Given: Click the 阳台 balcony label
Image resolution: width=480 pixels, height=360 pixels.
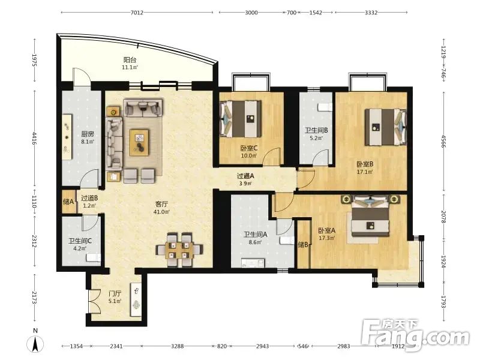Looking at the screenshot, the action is [x=130, y=59].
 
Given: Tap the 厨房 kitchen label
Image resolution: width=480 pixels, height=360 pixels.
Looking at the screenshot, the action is [x=87, y=134].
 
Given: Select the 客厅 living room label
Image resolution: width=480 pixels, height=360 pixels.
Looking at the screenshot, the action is [x=161, y=204].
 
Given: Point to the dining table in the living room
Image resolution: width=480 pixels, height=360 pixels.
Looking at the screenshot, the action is [x=179, y=250].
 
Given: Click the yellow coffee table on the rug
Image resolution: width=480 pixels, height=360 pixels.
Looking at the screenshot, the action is [x=139, y=143].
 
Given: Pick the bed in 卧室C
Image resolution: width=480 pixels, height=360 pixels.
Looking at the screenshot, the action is [x=241, y=119].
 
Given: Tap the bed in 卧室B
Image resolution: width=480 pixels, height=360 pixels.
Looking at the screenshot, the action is [x=386, y=127].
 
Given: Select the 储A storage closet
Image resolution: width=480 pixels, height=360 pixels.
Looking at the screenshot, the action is [x=69, y=202].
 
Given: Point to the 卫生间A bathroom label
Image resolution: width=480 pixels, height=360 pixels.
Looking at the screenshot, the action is [x=256, y=235].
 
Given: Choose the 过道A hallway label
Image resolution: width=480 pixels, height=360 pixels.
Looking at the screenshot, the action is [x=245, y=176].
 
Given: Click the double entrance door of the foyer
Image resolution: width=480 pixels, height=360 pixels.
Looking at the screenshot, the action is [x=94, y=301].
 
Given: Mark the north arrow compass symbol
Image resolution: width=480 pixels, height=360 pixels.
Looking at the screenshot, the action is [x=35, y=344].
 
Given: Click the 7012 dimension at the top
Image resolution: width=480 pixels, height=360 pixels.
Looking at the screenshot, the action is [x=137, y=13].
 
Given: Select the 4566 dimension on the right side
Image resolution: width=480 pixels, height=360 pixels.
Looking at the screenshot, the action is [x=443, y=141].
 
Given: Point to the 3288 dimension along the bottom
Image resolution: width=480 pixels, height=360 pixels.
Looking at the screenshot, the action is [x=177, y=346].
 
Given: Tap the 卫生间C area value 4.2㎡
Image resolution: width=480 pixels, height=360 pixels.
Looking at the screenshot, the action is [x=80, y=248].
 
